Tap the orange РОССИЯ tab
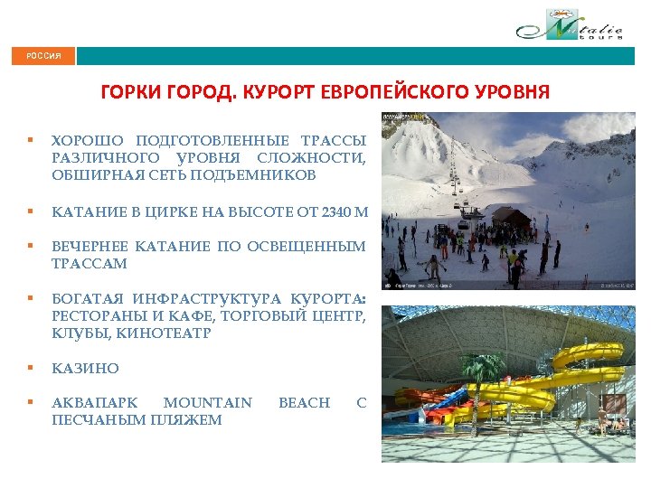click(43, 56)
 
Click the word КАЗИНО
click(85, 369)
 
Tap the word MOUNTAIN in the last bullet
click(208, 403)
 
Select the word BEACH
click(305, 403)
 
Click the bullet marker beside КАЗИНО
click(31, 368)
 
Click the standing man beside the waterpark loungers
click(600, 418)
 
